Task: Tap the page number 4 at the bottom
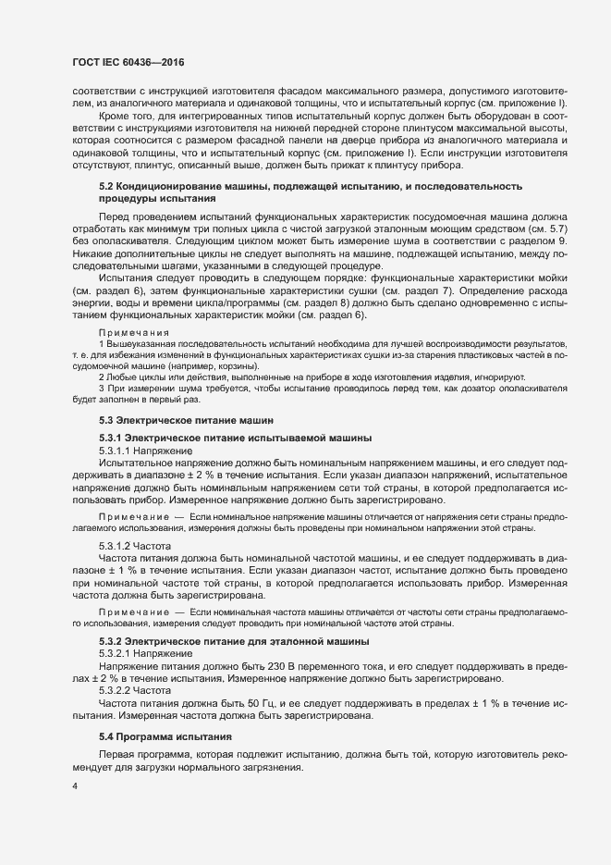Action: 75,786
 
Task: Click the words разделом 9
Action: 547,241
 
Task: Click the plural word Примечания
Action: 134,332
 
